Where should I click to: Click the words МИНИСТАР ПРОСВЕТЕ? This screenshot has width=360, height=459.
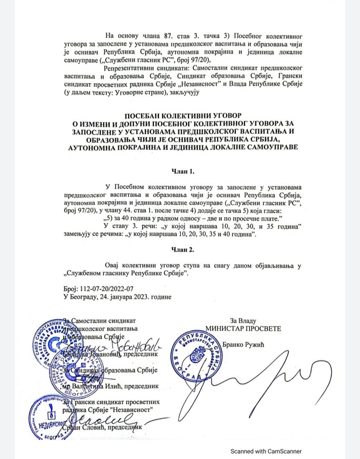(x=243, y=329)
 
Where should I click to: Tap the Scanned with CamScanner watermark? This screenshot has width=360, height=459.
(x=266, y=451)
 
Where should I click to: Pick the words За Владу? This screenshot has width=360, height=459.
(x=243, y=320)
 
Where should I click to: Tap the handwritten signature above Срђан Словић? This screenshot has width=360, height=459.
(x=103, y=419)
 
